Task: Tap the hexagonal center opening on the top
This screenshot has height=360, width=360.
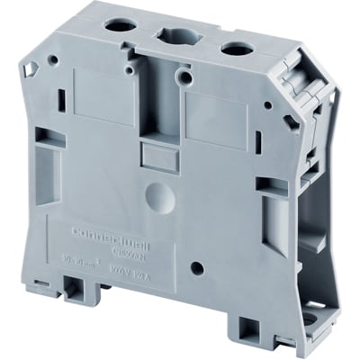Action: coord(175,37)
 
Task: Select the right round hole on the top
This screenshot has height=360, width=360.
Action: coord(231,49)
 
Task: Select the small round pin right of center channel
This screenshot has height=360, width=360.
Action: coord(187,78)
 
